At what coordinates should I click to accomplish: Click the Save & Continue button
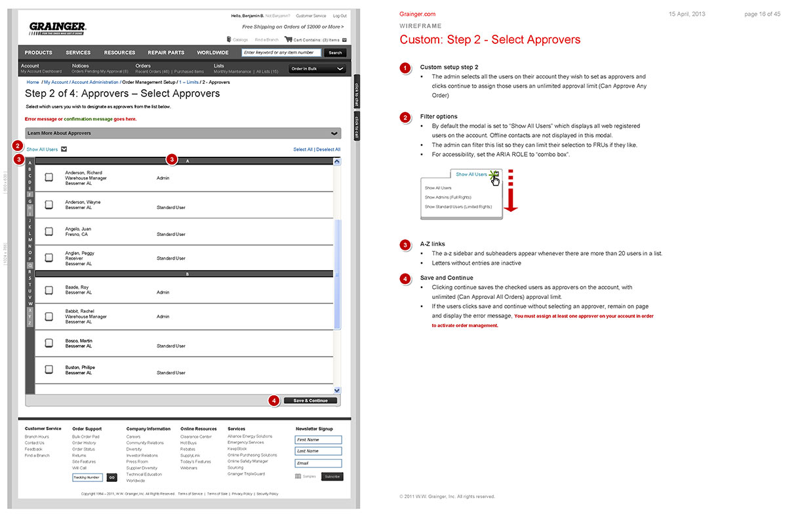pyautogui.click(x=310, y=401)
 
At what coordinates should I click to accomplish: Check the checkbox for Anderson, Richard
pyautogui.click(x=49, y=177)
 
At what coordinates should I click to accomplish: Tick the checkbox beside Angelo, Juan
pyautogui.click(x=49, y=231)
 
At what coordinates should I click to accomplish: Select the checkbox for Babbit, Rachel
pyautogui.click(x=49, y=316)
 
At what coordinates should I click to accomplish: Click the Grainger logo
pyautogui.click(x=58, y=28)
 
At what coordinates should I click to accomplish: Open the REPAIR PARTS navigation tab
pyautogui.click(x=166, y=52)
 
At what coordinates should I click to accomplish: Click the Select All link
pyautogui.click(x=303, y=149)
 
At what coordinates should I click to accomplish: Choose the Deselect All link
pyautogui.click(x=329, y=149)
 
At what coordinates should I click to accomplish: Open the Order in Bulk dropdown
pyautogui.click(x=317, y=69)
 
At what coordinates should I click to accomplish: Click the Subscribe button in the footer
pyautogui.click(x=332, y=477)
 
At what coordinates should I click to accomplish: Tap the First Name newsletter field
pyautogui.click(x=318, y=440)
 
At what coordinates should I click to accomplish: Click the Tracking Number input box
pyautogui.click(x=87, y=477)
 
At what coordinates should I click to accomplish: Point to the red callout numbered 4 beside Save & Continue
pyautogui.click(x=274, y=401)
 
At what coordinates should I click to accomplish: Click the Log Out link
pyautogui.click(x=340, y=16)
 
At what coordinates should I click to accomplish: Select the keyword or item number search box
pyautogui.click(x=281, y=52)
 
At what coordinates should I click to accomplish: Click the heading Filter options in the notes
pyautogui.click(x=439, y=117)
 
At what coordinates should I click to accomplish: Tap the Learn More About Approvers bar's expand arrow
pyautogui.click(x=335, y=134)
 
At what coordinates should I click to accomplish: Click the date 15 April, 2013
pyautogui.click(x=687, y=14)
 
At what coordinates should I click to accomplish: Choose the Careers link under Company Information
pyautogui.click(x=133, y=437)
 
